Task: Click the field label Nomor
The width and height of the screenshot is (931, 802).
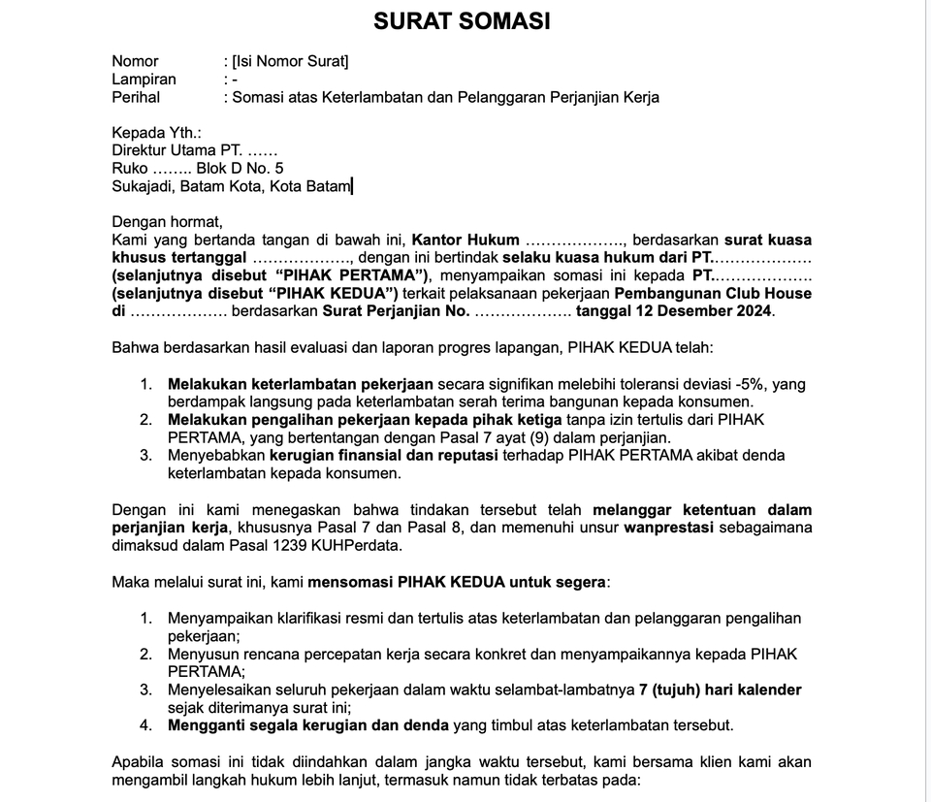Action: (135, 62)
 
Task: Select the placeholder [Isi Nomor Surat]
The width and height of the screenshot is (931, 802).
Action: (290, 62)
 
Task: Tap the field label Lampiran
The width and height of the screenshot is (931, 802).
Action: (144, 80)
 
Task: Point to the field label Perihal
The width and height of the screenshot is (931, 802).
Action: (136, 97)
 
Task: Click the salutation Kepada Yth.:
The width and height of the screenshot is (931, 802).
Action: (156, 133)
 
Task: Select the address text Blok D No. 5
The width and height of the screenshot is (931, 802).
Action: (240, 168)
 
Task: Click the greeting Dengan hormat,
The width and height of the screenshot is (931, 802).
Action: (167, 221)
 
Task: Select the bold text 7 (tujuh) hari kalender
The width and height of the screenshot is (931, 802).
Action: (720, 690)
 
